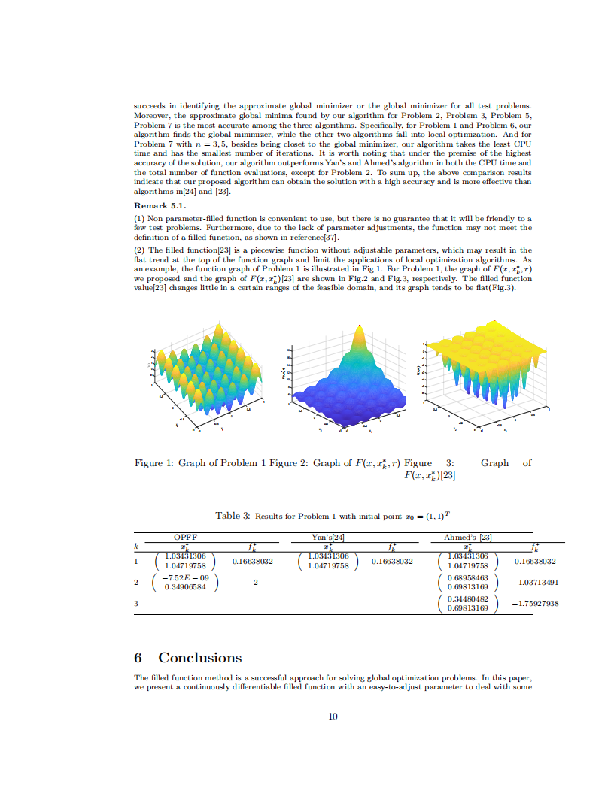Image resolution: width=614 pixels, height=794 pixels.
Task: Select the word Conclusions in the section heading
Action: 199,658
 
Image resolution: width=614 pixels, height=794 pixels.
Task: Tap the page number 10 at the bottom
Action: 333,716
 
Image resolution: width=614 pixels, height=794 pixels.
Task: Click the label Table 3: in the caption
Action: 233,516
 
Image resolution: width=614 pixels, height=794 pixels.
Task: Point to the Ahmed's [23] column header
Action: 468,538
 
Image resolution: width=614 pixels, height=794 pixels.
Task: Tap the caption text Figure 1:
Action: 154,463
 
